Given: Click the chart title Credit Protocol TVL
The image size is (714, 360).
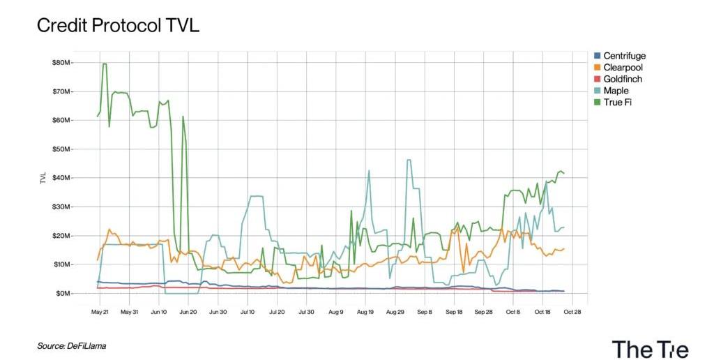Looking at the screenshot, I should (x=118, y=26).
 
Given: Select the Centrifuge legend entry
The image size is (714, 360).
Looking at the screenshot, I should (x=622, y=56).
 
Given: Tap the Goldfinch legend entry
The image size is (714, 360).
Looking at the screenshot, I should (x=622, y=80).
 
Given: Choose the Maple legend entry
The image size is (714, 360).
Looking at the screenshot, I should (x=615, y=91).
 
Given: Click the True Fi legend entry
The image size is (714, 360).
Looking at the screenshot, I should (x=617, y=103).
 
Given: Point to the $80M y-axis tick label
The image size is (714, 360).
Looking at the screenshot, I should (x=63, y=63).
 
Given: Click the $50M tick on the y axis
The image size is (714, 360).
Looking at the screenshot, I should (x=63, y=149).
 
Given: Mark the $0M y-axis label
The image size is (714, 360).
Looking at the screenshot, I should (x=64, y=294).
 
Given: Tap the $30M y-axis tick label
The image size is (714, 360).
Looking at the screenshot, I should (x=63, y=207).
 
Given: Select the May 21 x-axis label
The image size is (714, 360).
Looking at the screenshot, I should (x=100, y=312).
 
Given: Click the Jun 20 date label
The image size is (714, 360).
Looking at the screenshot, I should (x=188, y=312).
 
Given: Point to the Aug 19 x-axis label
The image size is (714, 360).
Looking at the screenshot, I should (x=365, y=312).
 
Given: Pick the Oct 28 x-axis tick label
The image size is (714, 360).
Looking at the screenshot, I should (x=571, y=312).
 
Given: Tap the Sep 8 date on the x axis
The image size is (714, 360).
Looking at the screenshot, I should (x=424, y=312).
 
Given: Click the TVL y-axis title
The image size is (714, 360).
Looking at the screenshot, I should (x=43, y=177).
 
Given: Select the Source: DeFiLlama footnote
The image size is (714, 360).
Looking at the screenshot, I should (x=72, y=345).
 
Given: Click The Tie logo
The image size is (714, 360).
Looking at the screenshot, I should (x=650, y=348).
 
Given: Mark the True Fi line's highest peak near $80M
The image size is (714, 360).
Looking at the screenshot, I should (x=105, y=64).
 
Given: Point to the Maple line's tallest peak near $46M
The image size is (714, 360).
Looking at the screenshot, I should (x=409, y=160).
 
